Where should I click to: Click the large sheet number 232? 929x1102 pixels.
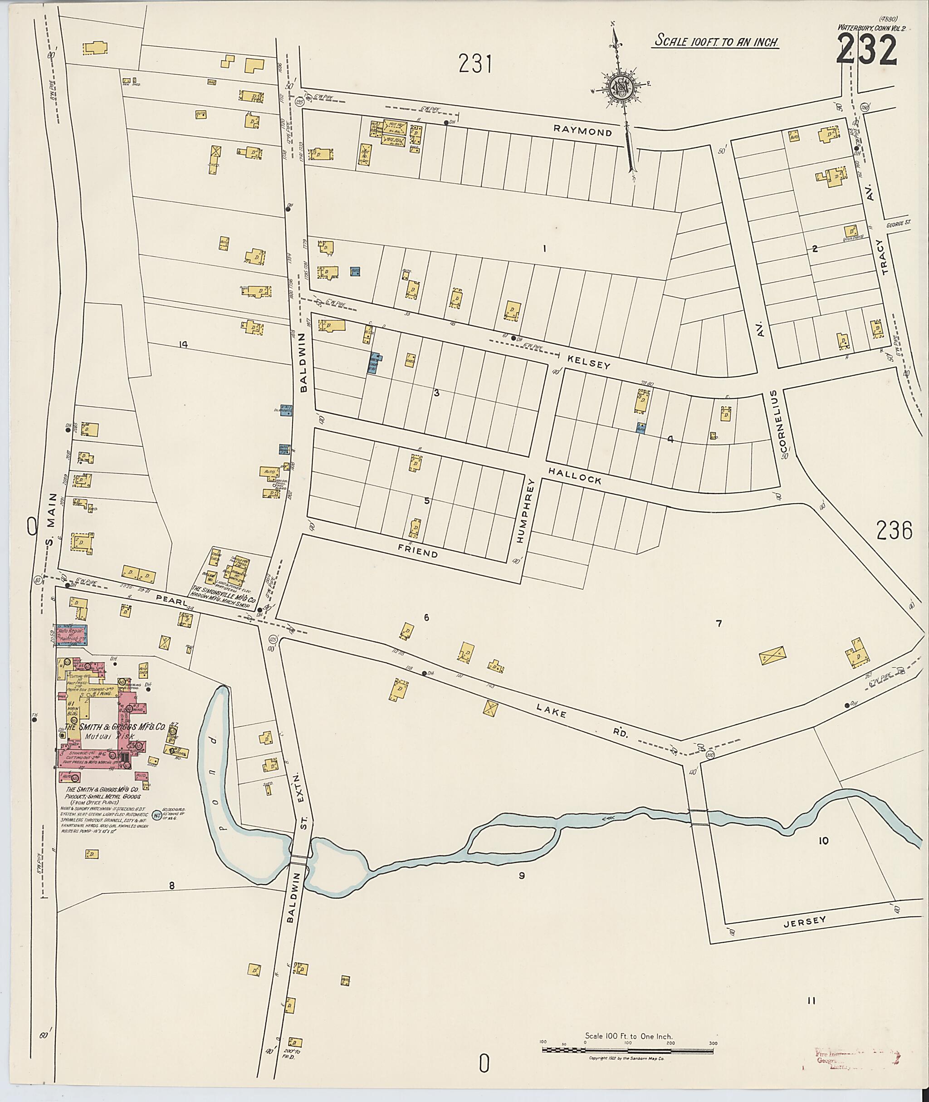866,49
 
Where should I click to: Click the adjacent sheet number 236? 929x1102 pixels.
894,530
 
